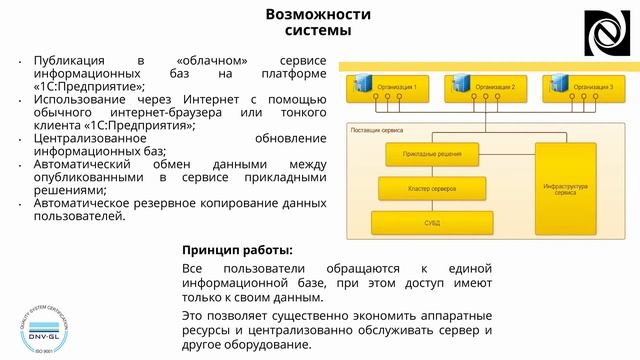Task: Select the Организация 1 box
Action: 385,89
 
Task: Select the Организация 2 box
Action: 484,89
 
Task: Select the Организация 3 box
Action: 583,89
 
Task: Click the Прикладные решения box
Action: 432,155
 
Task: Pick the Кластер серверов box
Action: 432,187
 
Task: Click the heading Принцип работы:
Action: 237,249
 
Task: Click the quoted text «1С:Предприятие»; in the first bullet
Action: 81,86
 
